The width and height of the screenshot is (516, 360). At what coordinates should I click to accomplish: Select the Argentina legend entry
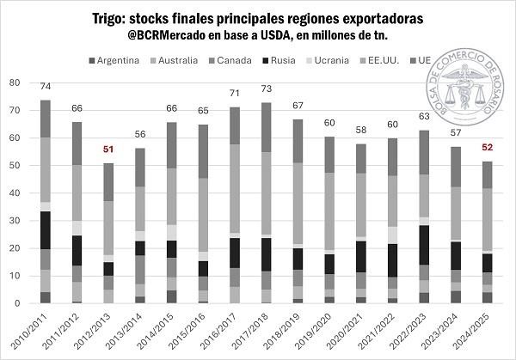click(118, 60)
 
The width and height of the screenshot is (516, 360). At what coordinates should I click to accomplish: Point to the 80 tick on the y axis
click(14, 82)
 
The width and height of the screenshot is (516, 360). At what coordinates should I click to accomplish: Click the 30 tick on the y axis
click(14, 221)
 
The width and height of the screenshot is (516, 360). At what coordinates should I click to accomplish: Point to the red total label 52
click(463, 146)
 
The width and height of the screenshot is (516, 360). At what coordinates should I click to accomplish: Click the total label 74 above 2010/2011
click(46, 86)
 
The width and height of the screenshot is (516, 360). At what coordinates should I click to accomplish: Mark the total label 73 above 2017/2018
click(267, 88)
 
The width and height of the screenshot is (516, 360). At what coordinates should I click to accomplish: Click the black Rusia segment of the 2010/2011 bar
click(46, 229)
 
